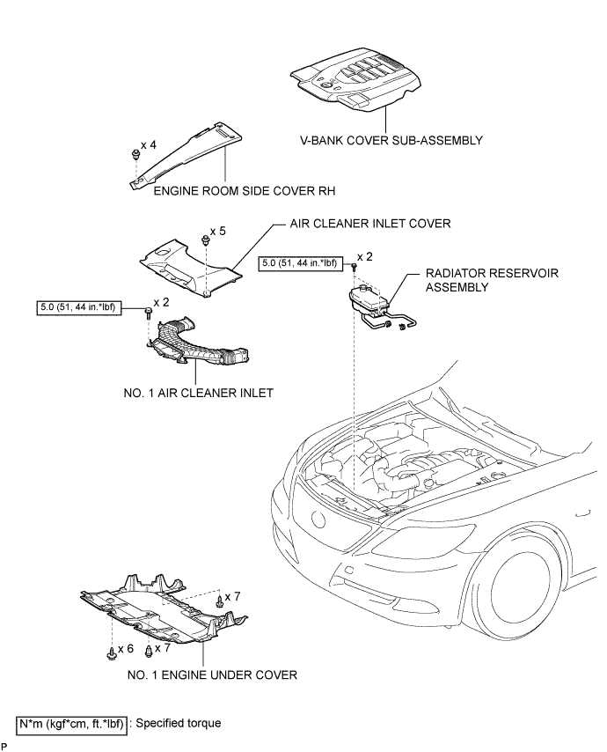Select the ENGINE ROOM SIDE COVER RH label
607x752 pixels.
231,189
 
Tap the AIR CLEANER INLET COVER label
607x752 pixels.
370,224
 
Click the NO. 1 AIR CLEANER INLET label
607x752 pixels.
199,393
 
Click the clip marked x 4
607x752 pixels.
134,156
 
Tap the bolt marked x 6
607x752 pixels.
110,655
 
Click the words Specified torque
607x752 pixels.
179,724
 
